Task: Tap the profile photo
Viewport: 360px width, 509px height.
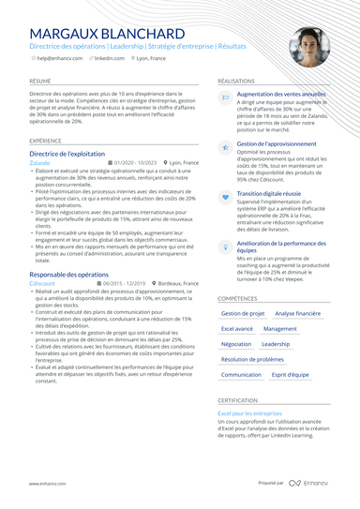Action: click(x=308, y=47)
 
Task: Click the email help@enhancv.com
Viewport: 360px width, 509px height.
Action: click(x=58, y=58)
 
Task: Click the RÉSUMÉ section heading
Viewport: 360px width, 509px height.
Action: click(x=40, y=82)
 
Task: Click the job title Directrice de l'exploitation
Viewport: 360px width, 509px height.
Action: click(x=67, y=153)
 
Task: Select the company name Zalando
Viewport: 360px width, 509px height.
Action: click(x=39, y=163)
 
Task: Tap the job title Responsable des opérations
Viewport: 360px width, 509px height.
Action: click(x=68, y=275)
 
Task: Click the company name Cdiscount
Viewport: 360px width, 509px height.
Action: click(x=42, y=283)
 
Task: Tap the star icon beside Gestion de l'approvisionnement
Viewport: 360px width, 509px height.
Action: click(x=225, y=146)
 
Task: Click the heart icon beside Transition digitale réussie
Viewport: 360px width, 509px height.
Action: click(x=225, y=196)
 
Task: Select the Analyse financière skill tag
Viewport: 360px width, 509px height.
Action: click(x=297, y=314)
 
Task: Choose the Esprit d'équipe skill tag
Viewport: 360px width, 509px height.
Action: click(x=291, y=374)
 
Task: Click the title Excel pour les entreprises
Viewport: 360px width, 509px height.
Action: click(x=250, y=412)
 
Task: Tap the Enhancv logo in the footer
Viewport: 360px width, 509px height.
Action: click(x=308, y=483)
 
